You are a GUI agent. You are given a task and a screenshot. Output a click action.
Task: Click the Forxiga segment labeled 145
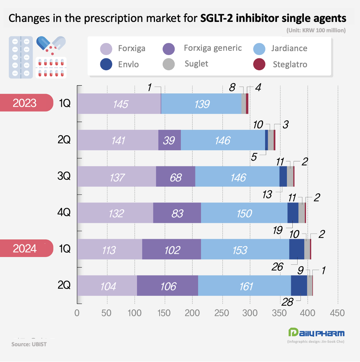click(119, 104)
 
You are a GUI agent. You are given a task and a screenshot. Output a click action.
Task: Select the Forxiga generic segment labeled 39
click(170, 140)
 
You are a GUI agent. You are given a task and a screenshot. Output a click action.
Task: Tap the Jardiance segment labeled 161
click(244, 286)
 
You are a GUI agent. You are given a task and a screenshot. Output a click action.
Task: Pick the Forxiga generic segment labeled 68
click(176, 176)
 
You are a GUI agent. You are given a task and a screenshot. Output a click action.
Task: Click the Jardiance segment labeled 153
click(245, 249)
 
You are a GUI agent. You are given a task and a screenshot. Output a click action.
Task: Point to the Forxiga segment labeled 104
click(107, 286)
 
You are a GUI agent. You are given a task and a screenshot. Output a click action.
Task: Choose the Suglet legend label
click(196, 64)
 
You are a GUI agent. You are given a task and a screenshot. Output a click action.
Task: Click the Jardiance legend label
click(289, 48)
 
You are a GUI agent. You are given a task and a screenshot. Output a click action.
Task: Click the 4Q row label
click(64, 213)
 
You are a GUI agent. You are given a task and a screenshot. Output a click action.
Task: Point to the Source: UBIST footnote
click(29, 344)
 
